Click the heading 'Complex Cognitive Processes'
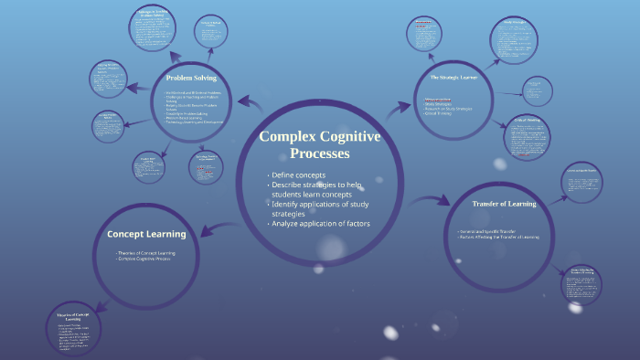click(319, 144)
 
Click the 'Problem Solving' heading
click(192, 78)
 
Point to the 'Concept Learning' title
click(146, 234)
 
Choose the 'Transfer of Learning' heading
click(504, 203)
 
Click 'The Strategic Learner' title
click(453, 78)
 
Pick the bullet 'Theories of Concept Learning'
click(146, 253)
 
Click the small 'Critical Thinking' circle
click(528, 136)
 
